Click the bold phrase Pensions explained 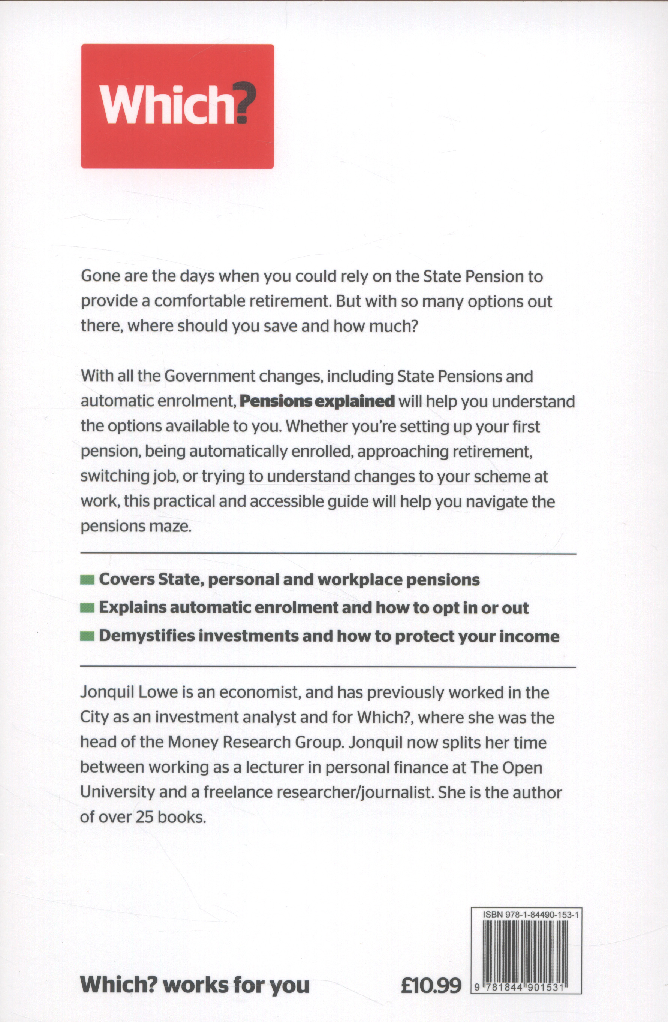(x=317, y=401)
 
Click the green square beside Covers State (x=87, y=580)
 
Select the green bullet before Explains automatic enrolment (x=87, y=609)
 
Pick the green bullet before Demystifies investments (x=87, y=636)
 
